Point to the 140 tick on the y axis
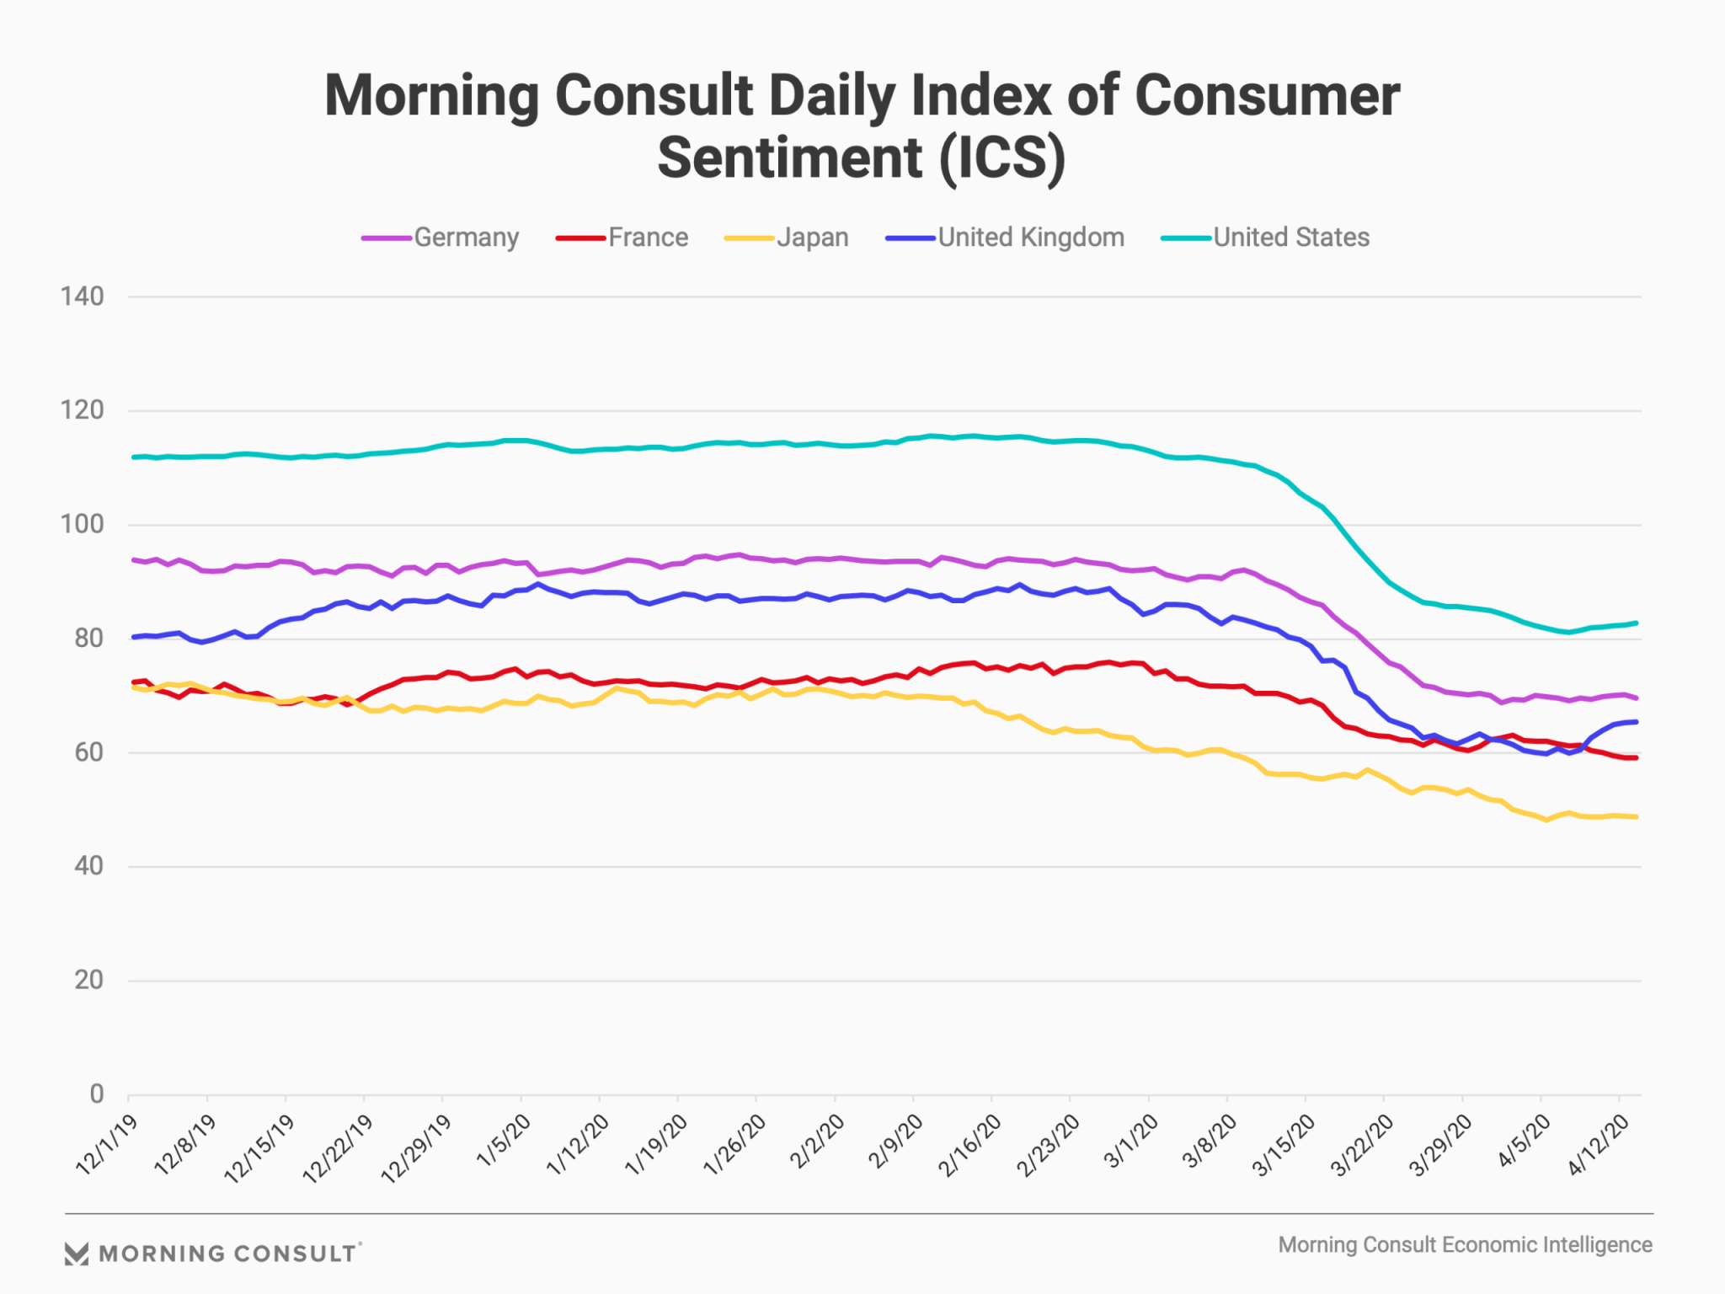point(82,297)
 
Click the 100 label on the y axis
point(82,525)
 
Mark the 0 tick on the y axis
point(97,1094)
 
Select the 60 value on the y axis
point(88,752)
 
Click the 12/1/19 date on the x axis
point(107,1144)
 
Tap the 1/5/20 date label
point(504,1140)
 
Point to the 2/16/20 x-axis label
point(970,1145)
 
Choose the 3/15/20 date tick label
point(1284,1145)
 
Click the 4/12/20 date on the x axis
point(1598,1145)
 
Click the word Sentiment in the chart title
point(789,158)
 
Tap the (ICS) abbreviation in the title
point(1002,158)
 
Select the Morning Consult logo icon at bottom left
point(77,1254)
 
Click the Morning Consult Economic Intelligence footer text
point(1465,1245)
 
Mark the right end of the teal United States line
point(1636,623)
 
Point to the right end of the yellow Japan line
point(1636,816)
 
